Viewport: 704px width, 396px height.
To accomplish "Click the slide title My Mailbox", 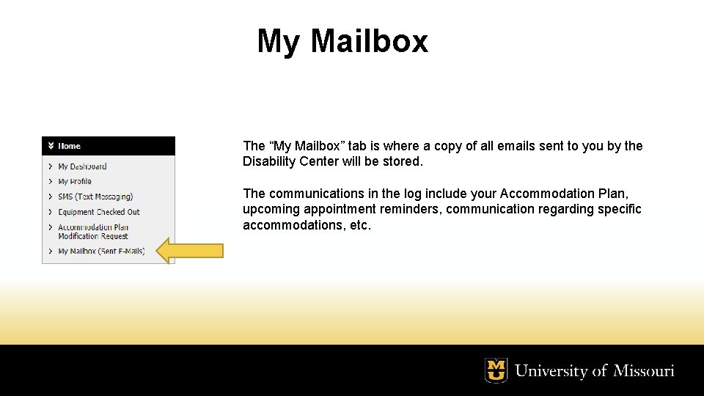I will click(342, 41).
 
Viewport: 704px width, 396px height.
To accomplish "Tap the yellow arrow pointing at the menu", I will click(191, 251).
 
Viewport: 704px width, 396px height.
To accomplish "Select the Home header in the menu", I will click(70, 146).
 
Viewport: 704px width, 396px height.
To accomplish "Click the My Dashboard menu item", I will click(82, 166).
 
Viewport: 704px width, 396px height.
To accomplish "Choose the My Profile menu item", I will click(75, 181).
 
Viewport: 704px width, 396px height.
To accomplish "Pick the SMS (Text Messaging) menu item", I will click(95, 197).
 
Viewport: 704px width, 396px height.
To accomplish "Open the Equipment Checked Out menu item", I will click(99, 212).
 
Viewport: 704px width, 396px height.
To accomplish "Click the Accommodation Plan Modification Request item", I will click(93, 232).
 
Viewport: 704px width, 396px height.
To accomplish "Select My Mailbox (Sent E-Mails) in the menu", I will click(101, 251).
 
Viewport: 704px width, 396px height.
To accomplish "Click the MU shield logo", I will click(496, 370).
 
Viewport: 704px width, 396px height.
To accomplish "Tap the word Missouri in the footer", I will click(643, 371).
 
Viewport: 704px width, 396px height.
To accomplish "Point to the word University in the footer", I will click(551, 371).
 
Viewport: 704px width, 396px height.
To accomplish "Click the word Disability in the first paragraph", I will click(270, 161).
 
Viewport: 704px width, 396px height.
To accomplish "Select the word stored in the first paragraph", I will click(403, 161).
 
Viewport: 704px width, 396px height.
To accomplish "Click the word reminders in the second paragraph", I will click(411, 209).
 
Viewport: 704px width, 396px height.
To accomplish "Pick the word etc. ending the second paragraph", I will click(360, 225).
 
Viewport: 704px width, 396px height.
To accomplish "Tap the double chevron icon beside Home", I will click(51, 146).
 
